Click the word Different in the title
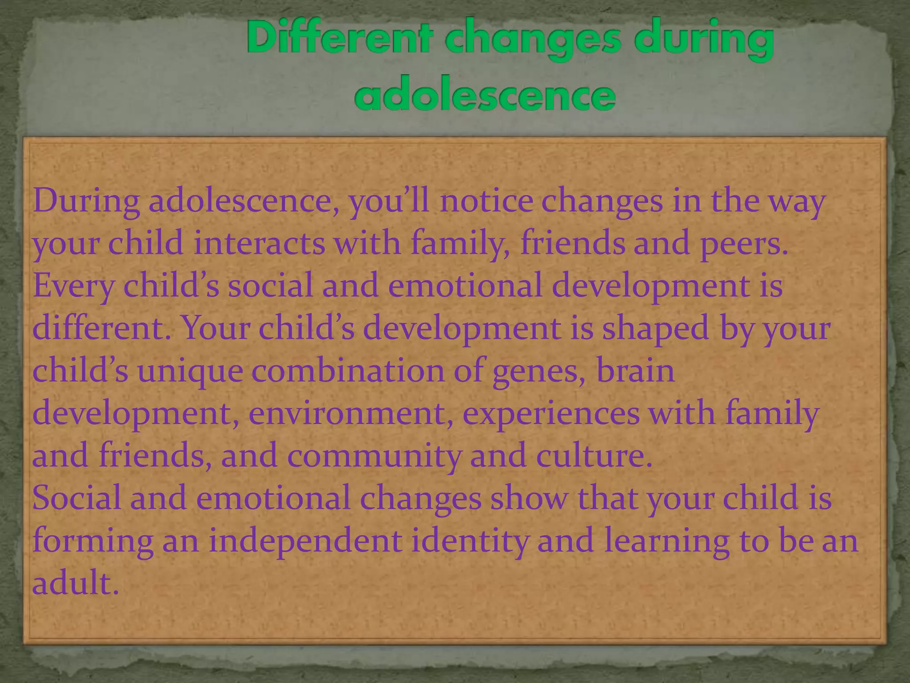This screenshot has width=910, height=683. (x=339, y=40)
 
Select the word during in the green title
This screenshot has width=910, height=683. (x=704, y=40)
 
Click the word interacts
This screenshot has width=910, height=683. (x=259, y=243)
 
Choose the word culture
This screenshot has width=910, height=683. (x=594, y=456)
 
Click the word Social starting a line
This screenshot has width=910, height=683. (x=76, y=498)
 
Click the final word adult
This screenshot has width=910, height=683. (x=76, y=583)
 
